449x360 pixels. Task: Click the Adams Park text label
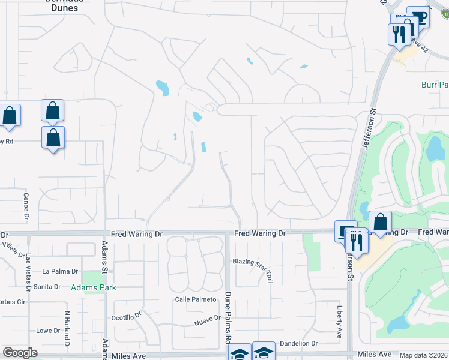93,288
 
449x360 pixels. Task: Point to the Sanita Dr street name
47,287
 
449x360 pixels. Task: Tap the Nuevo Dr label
207,323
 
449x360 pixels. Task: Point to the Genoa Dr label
26,207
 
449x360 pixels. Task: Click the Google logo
20,353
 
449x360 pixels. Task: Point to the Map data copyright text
424,355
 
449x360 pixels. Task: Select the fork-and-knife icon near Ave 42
400,34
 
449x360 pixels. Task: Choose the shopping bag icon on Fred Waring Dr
380,223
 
